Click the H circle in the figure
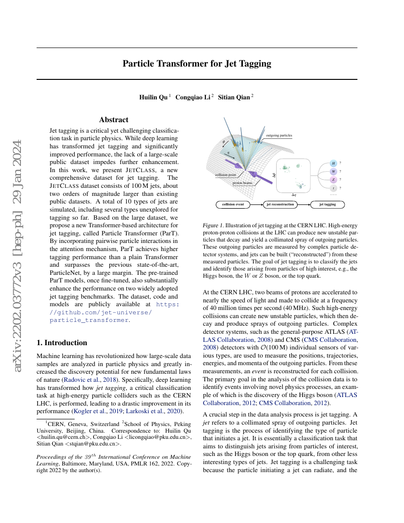click(334, 163)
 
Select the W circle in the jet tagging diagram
click(334, 171)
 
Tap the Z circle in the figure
click(334, 180)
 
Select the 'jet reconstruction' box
click(280, 204)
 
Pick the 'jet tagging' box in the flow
click(327, 204)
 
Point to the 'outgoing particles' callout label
click(279, 136)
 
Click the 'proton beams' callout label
click(242, 183)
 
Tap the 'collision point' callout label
click(226, 174)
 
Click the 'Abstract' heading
click(114, 120)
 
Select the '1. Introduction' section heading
click(62, 343)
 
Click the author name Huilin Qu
click(153, 97)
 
